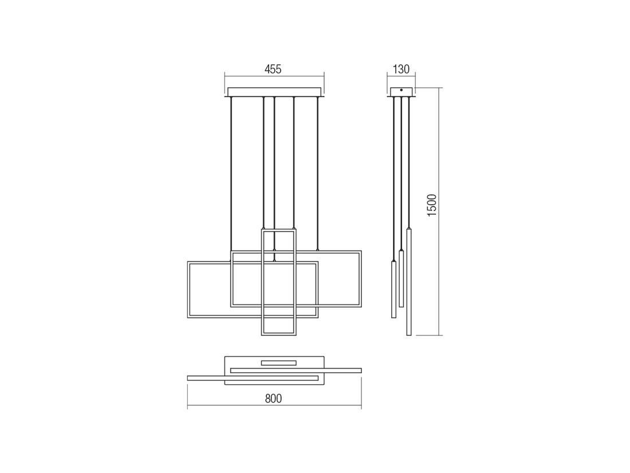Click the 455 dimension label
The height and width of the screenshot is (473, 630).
[x=273, y=69]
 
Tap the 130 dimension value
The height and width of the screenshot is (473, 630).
[x=401, y=69]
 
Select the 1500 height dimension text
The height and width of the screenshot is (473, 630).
[x=432, y=205]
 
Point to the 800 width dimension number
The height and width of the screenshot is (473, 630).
[x=273, y=398]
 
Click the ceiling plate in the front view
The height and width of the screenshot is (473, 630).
[x=274, y=92]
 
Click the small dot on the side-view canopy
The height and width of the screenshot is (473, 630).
[x=401, y=90]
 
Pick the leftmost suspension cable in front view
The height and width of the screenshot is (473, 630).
[x=230, y=172]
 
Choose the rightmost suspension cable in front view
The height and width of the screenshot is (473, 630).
[x=317, y=172]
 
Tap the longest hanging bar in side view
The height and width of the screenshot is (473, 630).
[x=408, y=282]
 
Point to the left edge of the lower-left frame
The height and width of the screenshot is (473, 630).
[x=188, y=290]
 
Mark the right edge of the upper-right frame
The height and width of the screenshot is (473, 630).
[x=361, y=279]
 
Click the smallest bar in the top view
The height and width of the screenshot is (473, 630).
[x=279, y=362]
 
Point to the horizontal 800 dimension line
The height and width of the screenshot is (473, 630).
[x=229, y=408]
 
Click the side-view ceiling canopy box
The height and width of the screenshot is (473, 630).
[x=401, y=92]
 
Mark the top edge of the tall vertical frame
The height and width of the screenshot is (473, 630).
[x=279, y=230]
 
